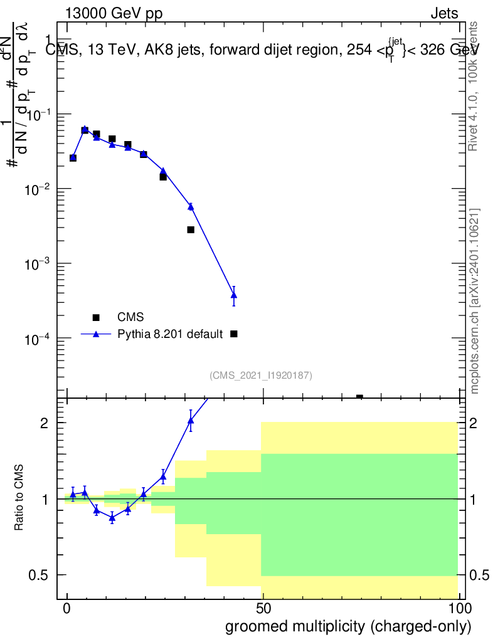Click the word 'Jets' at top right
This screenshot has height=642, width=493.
[444, 14]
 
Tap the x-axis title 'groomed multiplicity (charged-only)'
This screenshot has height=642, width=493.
[347, 626]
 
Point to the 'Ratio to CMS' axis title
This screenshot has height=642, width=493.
[20, 498]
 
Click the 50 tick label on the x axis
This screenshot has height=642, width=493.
[263, 608]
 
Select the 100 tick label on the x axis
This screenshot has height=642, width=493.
[459, 608]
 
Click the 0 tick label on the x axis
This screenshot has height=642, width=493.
[67, 608]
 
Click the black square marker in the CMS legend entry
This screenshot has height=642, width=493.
[96, 317]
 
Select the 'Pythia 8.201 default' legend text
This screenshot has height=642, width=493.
[171, 334]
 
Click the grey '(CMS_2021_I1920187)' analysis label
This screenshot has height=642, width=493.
[261, 375]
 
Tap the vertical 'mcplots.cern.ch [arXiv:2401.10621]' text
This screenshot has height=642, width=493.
[475, 301]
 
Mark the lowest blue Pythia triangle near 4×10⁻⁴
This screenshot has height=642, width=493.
[234, 295]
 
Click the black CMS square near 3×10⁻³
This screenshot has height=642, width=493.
[191, 230]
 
